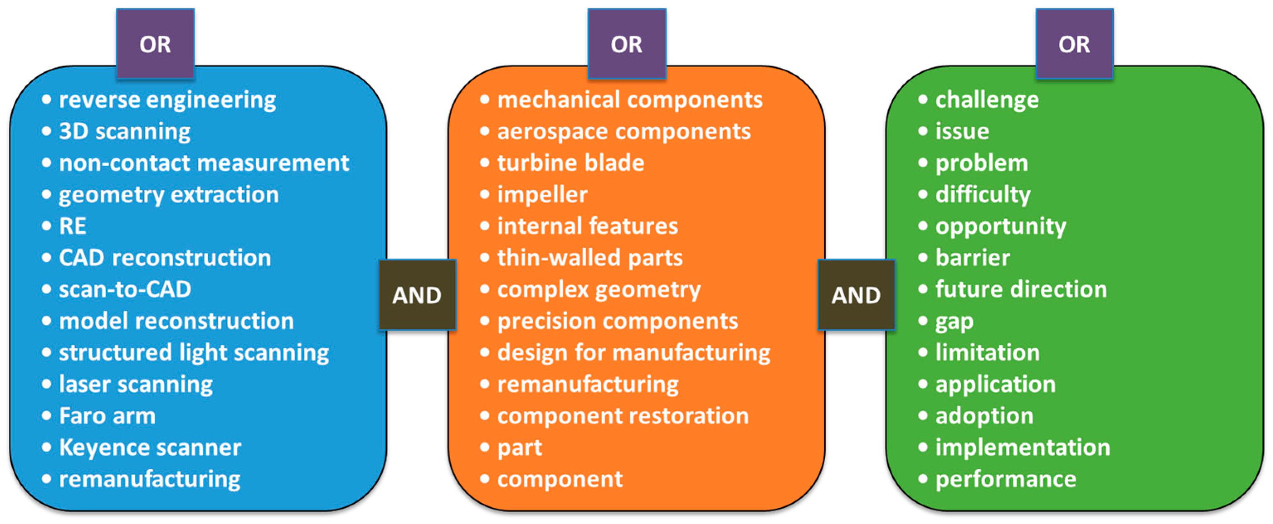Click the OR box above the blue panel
(x=155, y=44)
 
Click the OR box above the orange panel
(x=626, y=44)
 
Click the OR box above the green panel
(x=1074, y=44)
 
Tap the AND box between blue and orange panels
(x=417, y=295)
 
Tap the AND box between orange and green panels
(x=856, y=295)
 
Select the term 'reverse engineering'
(x=167, y=100)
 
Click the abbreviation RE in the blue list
(x=73, y=226)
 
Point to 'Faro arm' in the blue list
(x=107, y=416)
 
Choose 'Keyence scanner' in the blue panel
(x=150, y=447)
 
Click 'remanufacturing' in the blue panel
(x=150, y=479)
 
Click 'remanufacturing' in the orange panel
(x=588, y=384)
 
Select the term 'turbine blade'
(x=571, y=163)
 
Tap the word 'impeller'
(x=542, y=195)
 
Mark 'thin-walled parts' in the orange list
(x=590, y=258)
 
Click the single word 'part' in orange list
(x=520, y=448)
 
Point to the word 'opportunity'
(x=1001, y=226)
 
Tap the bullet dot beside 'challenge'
(x=923, y=100)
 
